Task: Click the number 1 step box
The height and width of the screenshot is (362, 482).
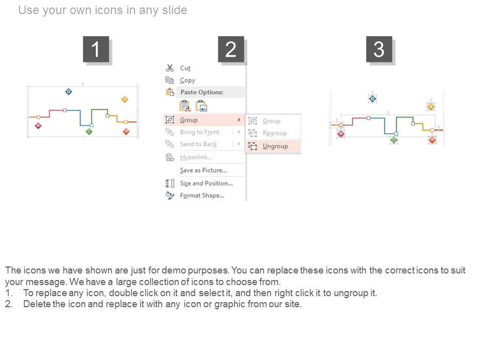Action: (x=96, y=49)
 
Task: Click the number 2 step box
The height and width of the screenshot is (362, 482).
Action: (x=231, y=49)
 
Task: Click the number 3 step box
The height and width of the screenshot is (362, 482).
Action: (x=379, y=49)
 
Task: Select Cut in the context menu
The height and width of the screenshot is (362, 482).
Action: (x=185, y=68)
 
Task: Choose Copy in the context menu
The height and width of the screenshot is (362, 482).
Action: (x=187, y=80)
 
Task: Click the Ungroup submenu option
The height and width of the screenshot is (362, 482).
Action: (x=275, y=146)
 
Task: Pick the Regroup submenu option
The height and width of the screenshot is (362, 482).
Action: (x=275, y=133)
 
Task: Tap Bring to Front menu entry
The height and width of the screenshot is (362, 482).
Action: (x=199, y=132)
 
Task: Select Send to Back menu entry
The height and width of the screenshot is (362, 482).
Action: (x=198, y=144)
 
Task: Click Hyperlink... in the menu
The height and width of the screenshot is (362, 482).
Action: (x=196, y=157)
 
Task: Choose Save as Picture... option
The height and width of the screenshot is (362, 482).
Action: (x=203, y=170)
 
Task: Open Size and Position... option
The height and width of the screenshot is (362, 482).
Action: (x=206, y=183)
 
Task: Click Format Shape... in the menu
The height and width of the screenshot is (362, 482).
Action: (x=202, y=196)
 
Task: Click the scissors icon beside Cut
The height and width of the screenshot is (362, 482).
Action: (x=170, y=68)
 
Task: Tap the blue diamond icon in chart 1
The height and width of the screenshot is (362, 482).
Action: (x=69, y=92)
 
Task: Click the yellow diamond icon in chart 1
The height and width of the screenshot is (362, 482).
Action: (x=125, y=99)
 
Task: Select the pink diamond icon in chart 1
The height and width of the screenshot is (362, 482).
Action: (x=38, y=126)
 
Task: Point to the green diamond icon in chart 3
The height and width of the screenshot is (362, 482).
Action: (x=394, y=140)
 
